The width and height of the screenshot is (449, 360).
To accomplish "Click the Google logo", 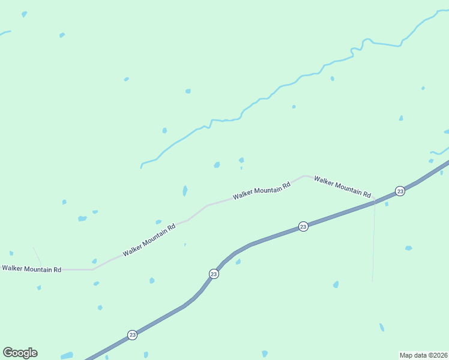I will pyautogui.click(x=20, y=353).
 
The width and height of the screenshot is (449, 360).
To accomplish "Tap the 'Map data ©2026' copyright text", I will pyautogui.click(x=423, y=355).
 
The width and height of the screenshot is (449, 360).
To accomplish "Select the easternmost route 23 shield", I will pyautogui.click(x=400, y=191).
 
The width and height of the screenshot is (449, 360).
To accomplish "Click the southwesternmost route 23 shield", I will pyautogui.click(x=132, y=334).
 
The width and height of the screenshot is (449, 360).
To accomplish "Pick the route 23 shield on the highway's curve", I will pyautogui.click(x=214, y=274).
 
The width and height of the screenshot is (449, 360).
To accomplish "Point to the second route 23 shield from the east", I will pyautogui.click(x=303, y=226).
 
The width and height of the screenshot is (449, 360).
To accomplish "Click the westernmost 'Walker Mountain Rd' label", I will pyautogui.click(x=32, y=269).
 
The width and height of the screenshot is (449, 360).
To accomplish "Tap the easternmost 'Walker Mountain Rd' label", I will pyautogui.click(x=342, y=186).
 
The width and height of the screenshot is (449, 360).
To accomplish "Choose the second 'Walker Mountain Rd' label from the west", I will pyautogui.click(x=149, y=240).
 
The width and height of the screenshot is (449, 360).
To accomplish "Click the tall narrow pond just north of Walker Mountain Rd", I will pyautogui.click(x=185, y=191).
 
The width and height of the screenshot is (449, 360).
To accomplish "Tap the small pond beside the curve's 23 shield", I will pyautogui.click(x=238, y=262).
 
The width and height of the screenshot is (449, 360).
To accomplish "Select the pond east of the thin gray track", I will pyautogui.click(x=409, y=248).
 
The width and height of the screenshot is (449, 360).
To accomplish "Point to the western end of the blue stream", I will pyautogui.click(x=141, y=166).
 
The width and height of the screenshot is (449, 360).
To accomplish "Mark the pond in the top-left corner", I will pyautogui.click(x=24, y=14).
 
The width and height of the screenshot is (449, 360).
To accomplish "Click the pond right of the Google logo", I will pyautogui.click(x=67, y=355).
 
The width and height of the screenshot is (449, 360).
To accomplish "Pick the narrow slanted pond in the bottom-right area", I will pyautogui.click(x=382, y=327).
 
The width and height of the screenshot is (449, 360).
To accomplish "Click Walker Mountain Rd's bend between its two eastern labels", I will pyautogui.click(x=306, y=176).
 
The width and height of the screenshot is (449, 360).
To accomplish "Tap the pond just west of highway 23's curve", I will pyautogui.click(x=152, y=280).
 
